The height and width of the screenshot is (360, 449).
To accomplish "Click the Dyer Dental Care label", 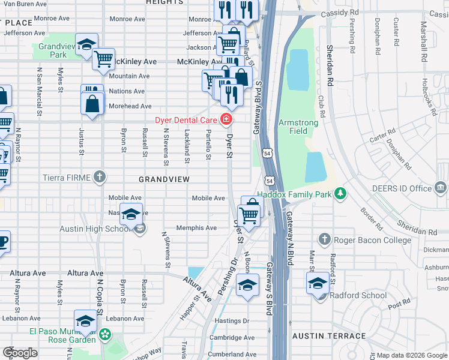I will point(187,120).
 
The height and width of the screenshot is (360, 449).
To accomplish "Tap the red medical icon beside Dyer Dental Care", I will point(226,120).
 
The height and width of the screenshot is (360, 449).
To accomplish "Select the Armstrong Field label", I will point(298,127).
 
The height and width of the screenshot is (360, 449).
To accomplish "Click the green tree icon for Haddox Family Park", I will point(341,193).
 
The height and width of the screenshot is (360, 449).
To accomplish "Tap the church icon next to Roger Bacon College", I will point(324,239).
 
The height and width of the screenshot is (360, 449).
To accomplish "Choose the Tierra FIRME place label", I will point(66,178).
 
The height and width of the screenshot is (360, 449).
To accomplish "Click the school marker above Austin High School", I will point(131,214).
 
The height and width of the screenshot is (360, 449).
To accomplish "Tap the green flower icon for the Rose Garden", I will point(106,334).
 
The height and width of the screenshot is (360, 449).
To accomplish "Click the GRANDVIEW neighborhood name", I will point(164,179).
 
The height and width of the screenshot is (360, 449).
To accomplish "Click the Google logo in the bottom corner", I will point(20,353).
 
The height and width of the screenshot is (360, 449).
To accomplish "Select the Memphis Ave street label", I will point(196,228).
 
